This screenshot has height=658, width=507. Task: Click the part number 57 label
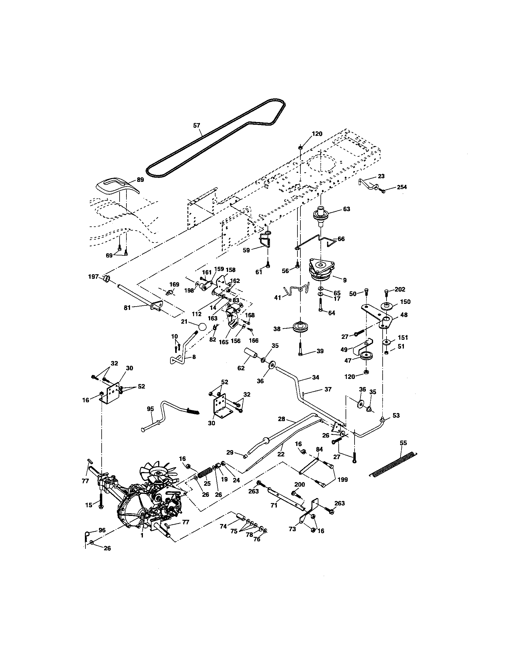(x=197, y=125)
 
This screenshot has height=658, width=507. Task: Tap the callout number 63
(x=346, y=209)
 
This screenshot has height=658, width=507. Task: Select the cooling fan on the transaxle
(x=157, y=474)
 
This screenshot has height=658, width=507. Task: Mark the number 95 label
(x=150, y=409)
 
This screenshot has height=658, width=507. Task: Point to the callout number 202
(x=400, y=290)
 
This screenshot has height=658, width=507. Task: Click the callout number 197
(x=93, y=276)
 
